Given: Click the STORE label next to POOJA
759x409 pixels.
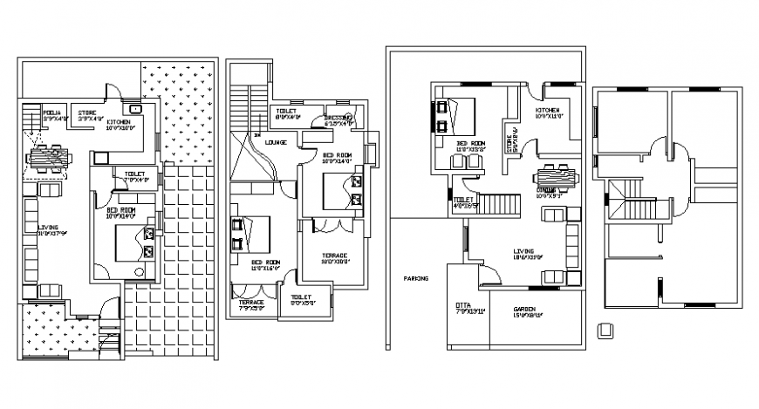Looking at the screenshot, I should [86, 112].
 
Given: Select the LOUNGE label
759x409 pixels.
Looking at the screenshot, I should [277, 141].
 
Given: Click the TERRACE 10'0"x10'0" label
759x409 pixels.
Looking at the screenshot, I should [333, 256].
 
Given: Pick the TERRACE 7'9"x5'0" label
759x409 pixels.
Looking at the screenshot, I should [253, 303].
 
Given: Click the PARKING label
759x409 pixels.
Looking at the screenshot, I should [416, 279].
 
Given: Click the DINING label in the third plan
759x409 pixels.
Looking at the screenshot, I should [547, 189].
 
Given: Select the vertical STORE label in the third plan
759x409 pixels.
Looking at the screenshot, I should [512, 138].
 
